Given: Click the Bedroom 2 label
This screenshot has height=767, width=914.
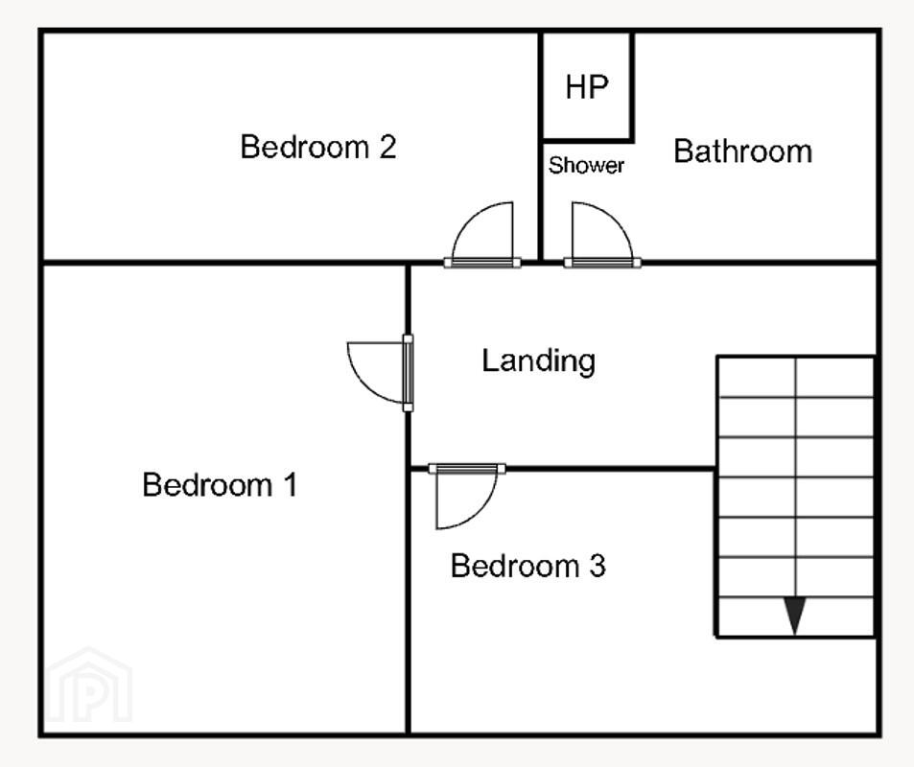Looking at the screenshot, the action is (318, 147).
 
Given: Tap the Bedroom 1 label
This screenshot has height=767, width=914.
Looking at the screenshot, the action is (220, 484).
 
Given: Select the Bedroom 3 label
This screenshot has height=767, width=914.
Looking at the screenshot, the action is (528, 566).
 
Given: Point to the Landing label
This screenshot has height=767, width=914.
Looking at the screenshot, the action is (539, 361).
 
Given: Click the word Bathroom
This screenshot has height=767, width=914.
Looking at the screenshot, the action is (742, 151).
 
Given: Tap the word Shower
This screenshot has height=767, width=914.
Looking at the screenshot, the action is (586, 166).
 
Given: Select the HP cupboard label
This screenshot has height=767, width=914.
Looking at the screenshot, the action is (587, 87).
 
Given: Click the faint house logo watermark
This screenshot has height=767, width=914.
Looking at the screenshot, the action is (89, 685).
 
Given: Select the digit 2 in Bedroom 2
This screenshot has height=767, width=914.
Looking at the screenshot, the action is (387, 147).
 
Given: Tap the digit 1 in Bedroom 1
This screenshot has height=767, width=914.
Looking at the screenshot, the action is (291, 484).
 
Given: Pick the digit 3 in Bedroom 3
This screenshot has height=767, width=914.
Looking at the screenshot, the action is (597, 566).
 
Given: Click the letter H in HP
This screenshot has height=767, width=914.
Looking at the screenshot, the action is (575, 87).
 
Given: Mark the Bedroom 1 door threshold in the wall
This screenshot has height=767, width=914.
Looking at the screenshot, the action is (408, 373).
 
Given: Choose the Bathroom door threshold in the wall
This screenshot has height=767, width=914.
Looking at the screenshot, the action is (602, 263).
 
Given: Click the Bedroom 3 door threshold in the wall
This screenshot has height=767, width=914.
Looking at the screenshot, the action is (467, 469).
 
